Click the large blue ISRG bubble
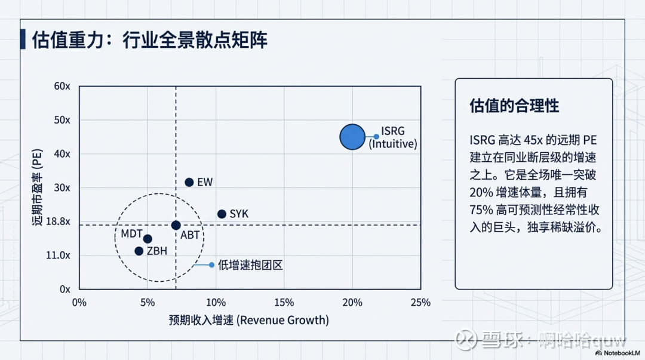tap(352, 137)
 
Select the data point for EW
tap(189, 182)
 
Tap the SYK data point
tap(222, 214)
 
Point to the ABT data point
tap(176, 225)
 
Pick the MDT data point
tap(148, 239)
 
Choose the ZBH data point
tap(139, 251)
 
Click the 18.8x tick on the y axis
tap(59, 221)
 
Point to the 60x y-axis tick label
tap(62, 86)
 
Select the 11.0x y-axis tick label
tap(59, 255)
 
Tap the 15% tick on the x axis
tap(284, 302)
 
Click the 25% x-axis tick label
tap(420, 302)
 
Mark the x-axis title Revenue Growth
tap(249, 321)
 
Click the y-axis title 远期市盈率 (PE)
tap(37, 187)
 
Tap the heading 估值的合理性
tap(514, 106)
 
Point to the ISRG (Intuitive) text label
tap(392, 137)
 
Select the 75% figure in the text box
tap(481, 211)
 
